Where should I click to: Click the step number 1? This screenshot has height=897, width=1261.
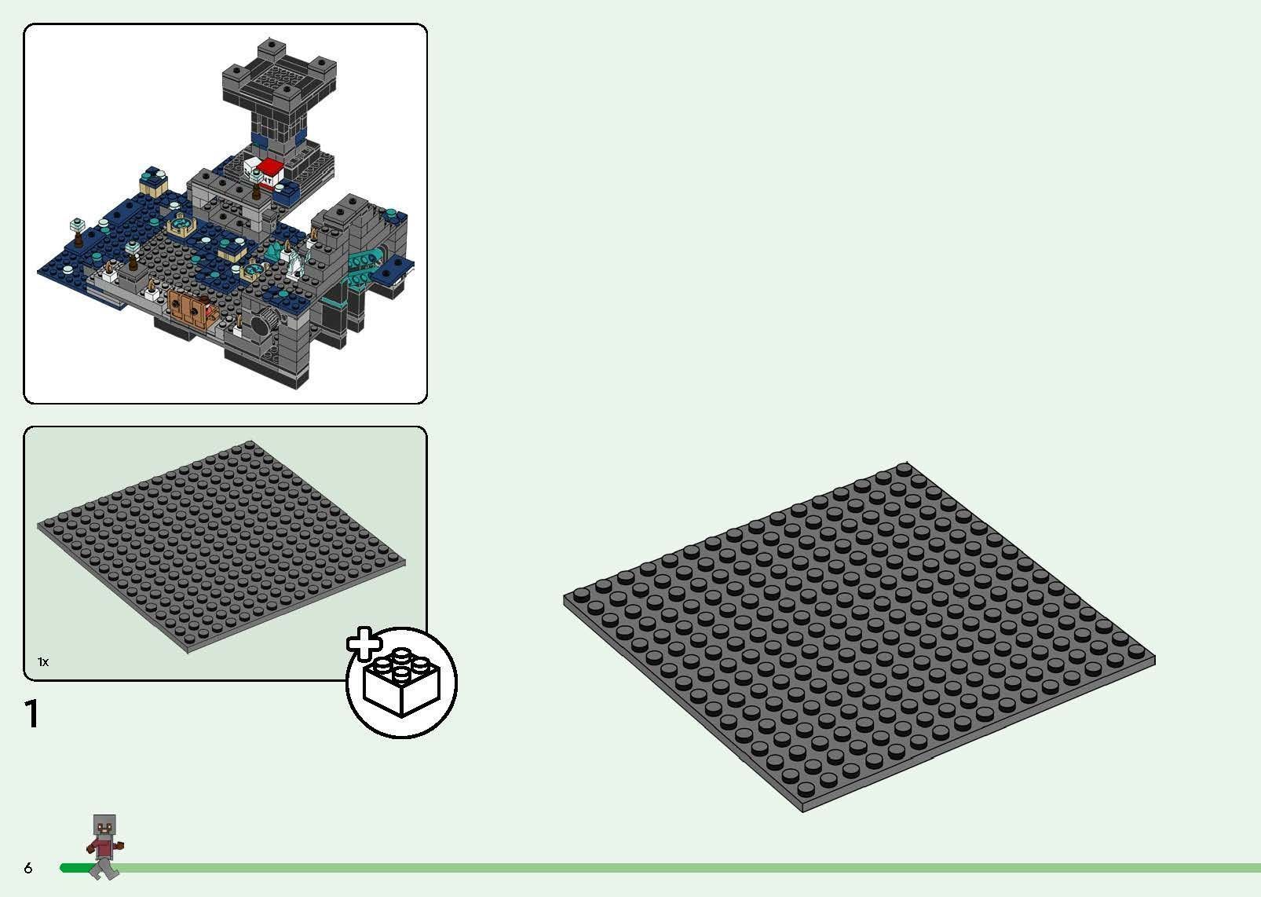click(x=31, y=714)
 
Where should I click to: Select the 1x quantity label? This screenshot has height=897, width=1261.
click(x=43, y=662)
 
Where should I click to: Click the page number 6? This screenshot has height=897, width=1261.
click(x=28, y=868)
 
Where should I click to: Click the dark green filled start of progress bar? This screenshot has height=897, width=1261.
click(x=72, y=868)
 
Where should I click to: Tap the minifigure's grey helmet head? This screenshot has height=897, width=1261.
click(x=104, y=826)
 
